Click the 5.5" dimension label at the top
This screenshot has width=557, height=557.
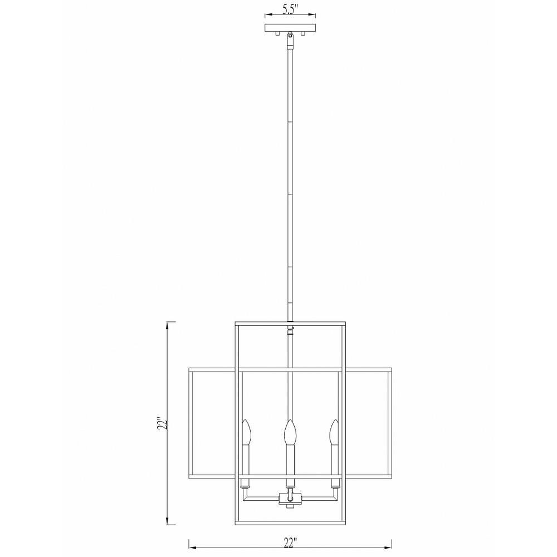click(290, 9)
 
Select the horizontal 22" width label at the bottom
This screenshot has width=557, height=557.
click(290, 543)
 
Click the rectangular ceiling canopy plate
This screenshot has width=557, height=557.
click(290, 28)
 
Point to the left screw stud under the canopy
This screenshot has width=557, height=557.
click(277, 34)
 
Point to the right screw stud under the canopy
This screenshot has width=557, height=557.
click(303, 34)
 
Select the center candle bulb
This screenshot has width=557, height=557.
click(290, 432)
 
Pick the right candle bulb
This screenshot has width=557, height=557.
click(334, 432)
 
